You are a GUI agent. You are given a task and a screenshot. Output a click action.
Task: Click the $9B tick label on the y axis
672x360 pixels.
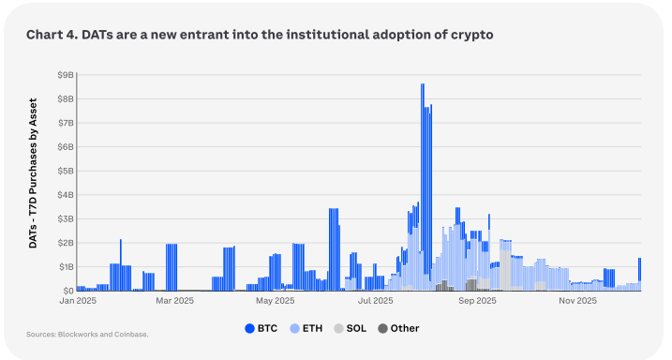coord(66,75)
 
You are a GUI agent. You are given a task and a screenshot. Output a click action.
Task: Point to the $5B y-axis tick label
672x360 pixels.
coord(66,171)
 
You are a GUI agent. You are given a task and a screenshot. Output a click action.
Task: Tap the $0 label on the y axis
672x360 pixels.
coord(67,291)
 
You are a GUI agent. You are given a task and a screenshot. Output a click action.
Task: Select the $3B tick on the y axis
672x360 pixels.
coord(66,219)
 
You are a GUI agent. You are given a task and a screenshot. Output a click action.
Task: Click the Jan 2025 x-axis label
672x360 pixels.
coord(78,301)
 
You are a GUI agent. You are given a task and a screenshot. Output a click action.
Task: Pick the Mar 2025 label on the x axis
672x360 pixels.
coord(175,301)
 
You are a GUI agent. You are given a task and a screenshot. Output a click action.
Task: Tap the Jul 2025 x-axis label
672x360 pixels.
coord(376,301)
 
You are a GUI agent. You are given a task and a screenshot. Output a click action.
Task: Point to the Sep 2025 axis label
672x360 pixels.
coord(477,301)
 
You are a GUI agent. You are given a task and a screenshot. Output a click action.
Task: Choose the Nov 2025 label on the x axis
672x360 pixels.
coord(577,301)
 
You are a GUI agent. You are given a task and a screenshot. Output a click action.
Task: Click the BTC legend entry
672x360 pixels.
coord(261,329)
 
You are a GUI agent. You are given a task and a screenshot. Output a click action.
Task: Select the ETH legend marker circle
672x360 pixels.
coord(294,329)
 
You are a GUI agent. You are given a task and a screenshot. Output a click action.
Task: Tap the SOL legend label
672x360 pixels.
coord(356,329)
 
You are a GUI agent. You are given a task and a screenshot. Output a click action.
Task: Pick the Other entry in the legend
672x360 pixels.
coord(398,329)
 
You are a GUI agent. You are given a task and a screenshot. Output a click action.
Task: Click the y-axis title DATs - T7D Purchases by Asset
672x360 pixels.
coord(33,173)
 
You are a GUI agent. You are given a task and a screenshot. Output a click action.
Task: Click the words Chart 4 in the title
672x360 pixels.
coord(52,35)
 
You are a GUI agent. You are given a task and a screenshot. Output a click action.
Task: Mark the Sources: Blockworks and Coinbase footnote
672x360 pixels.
coord(87,335)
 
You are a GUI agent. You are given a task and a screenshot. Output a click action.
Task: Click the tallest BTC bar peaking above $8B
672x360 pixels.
coord(423,180)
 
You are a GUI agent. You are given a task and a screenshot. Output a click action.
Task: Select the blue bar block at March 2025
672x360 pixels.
coord(172,267)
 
